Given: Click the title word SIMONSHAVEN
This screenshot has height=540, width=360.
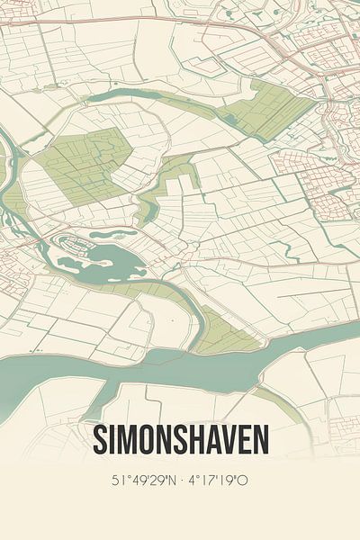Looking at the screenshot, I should pos(180,440).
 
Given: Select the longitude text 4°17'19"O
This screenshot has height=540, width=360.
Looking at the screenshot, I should pos(217,481).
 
